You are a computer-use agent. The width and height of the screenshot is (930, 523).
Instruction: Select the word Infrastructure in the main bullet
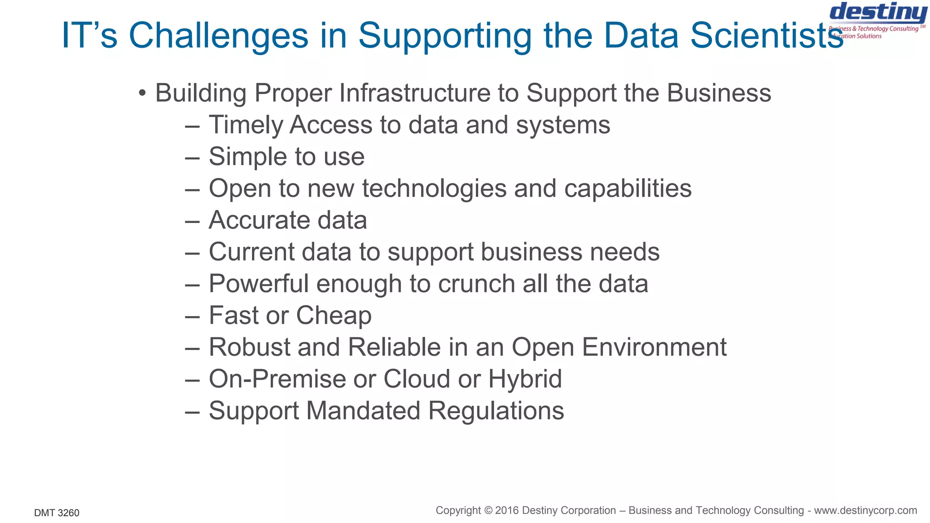coord(415,93)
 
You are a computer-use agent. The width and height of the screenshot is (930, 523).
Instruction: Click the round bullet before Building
coord(143,93)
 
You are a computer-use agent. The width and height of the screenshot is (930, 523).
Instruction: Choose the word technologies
coord(434,188)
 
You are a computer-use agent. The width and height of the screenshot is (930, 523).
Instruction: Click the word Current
coord(251,252)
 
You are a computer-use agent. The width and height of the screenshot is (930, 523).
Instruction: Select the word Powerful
coord(258,284)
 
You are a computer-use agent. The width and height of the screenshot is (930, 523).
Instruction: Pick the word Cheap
coord(334,316)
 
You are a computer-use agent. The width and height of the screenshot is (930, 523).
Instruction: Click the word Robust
coord(249,347)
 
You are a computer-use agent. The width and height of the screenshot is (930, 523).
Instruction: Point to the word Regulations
coord(496,411)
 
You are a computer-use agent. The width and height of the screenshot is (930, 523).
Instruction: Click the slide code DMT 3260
coord(57,513)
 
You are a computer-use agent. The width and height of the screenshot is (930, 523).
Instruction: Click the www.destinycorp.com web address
coord(865,510)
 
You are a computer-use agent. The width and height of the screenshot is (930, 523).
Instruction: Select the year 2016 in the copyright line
coord(507,510)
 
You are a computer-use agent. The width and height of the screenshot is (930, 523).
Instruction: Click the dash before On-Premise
coord(193,380)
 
